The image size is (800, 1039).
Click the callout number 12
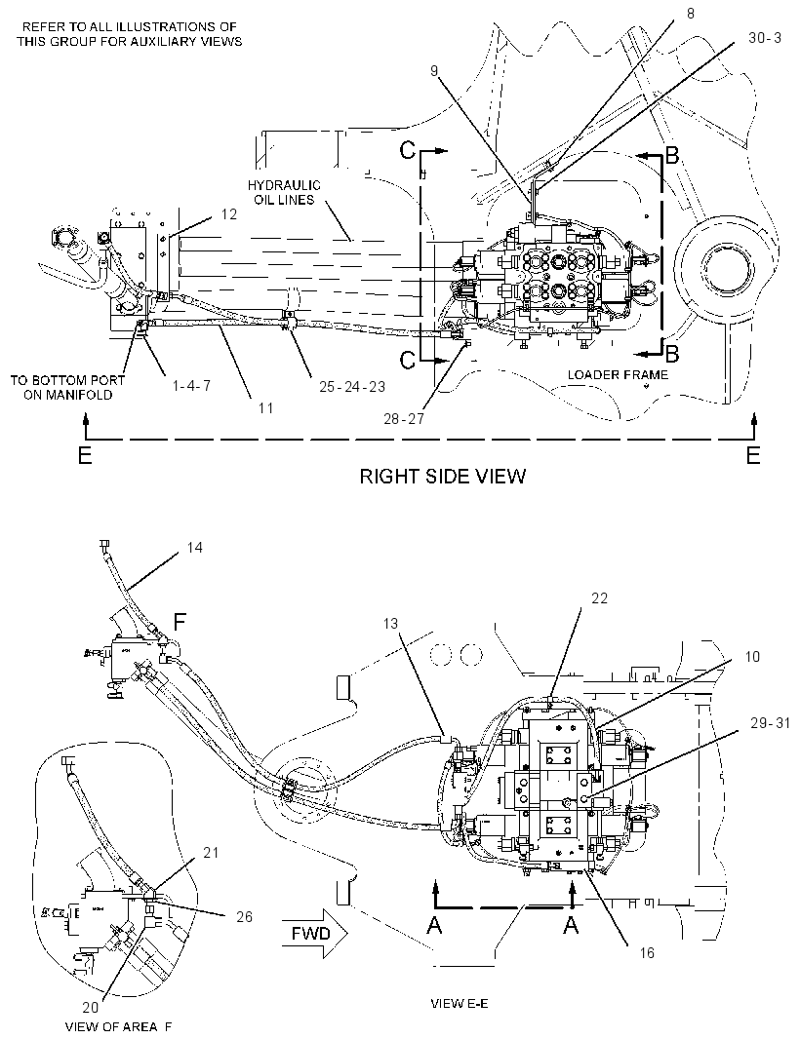coord(229,214)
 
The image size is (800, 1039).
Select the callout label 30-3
coord(765,38)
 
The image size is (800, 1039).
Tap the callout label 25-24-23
coord(351,387)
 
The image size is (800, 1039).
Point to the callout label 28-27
coord(403,419)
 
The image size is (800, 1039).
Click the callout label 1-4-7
coord(192,386)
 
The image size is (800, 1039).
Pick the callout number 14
coord(194,548)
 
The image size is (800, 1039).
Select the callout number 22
coord(599,598)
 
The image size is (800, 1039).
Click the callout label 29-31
coord(770,723)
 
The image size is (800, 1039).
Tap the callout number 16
coord(647,953)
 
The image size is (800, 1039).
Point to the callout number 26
coord(244,917)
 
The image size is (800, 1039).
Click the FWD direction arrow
coord(314,934)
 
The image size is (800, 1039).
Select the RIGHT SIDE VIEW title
coord(443,476)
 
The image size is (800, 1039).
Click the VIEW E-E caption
coord(460,1003)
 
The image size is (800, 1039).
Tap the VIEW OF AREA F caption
coord(118,1027)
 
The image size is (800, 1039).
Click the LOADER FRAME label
coord(618,375)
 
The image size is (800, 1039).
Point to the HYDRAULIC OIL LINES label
coord(284,193)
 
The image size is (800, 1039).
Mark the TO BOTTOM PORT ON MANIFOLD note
coord(67,388)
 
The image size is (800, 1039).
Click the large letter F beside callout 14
coord(180,622)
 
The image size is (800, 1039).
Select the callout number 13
coord(390,624)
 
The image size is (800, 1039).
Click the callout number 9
coord(434,70)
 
